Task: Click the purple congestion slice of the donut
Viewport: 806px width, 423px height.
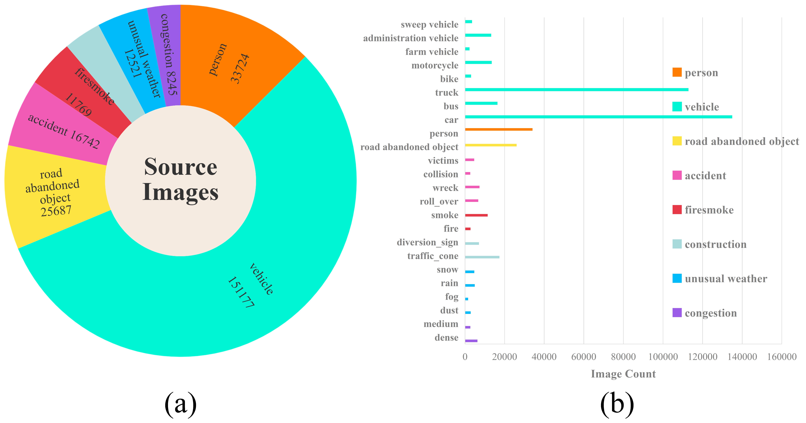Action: click(x=166, y=53)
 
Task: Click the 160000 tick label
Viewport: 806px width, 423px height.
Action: click(x=782, y=357)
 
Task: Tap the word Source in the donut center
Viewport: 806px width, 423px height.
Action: click(x=180, y=167)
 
